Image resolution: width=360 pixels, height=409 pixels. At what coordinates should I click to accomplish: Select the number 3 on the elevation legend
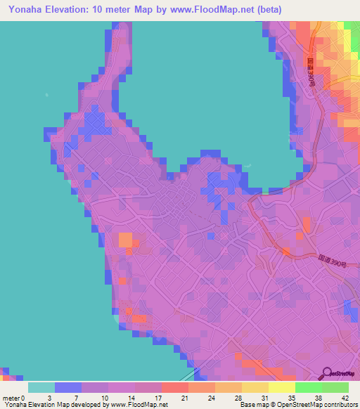point(49,397)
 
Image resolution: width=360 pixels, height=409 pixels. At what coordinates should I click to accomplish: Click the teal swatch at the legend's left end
point(41,387)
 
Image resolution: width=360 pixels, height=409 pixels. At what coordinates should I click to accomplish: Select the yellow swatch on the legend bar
point(282,387)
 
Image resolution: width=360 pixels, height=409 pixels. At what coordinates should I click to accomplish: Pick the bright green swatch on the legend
point(309,387)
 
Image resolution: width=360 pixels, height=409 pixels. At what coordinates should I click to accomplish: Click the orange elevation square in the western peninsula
point(125,240)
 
